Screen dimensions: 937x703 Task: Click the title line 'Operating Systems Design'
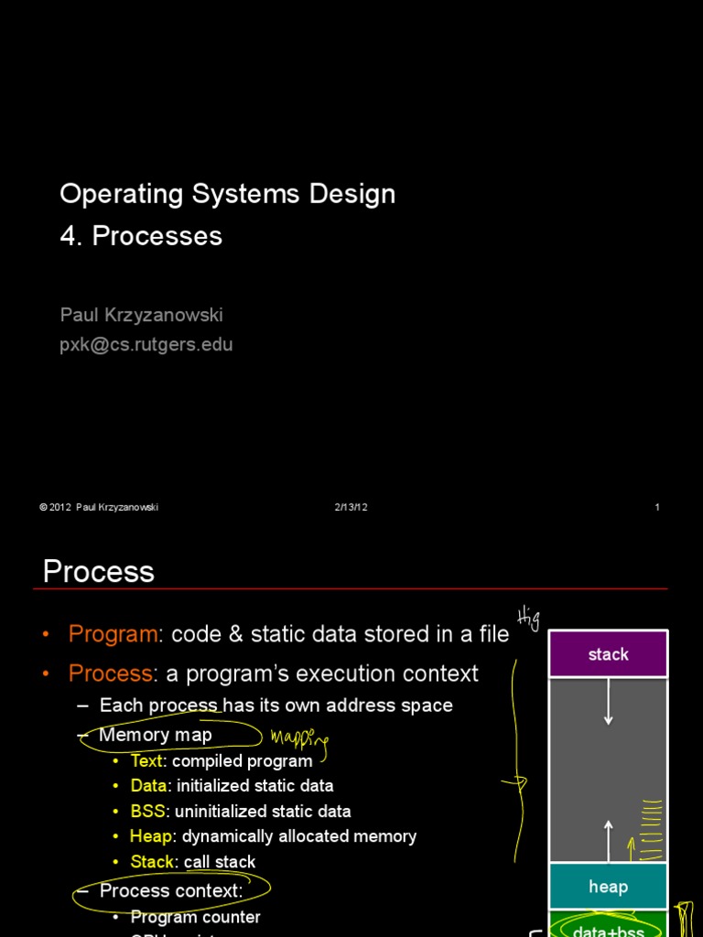point(227,194)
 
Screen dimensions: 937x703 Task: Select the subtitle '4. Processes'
point(141,236)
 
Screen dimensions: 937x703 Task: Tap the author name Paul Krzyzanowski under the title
point(141,315)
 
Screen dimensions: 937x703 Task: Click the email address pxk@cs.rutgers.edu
point(146,345)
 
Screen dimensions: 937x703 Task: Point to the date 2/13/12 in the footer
point(351,508)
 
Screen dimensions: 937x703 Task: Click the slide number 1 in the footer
point(657,508)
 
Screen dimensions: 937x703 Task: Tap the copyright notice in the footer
point(99,508)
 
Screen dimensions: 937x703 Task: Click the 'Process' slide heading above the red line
point(98,572)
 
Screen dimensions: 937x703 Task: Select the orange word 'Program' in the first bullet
point(113,634)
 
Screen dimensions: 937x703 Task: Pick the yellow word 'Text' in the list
point(146,761)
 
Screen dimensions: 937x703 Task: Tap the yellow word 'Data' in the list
point(148,786)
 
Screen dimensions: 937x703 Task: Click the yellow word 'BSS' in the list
point(147,812)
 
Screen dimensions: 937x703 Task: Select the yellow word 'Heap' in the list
point(151,836)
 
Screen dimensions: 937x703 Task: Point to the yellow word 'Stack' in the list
point(152,862)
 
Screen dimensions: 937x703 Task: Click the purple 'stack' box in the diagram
point(608,654)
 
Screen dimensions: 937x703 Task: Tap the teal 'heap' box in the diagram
point(608,887)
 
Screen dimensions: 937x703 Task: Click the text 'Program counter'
point(195,917)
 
